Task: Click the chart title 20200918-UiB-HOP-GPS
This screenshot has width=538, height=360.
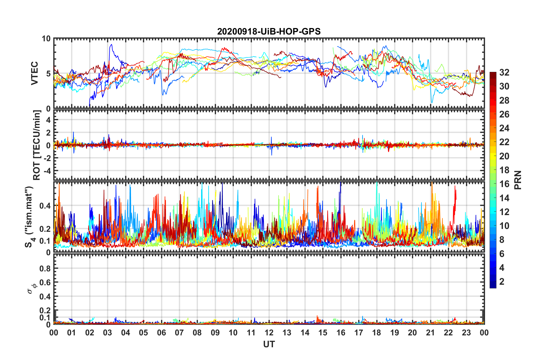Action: click(269, 31)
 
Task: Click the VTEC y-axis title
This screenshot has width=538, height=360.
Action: click(35, 73)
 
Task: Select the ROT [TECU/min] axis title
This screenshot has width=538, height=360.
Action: click(37, 145)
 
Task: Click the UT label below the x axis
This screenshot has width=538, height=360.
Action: click(269, 344)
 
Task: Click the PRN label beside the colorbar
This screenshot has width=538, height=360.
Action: click(518, 180)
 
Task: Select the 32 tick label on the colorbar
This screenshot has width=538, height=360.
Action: click(504, 72)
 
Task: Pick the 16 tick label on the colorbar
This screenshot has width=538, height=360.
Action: click(504, 184)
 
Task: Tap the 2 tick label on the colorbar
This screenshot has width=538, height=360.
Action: click(502, 282)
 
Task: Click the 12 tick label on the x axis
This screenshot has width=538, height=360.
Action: click(269, 333)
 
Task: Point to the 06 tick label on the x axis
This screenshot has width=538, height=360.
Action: click(162, 333)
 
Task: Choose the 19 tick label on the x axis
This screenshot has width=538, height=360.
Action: click(395, 333)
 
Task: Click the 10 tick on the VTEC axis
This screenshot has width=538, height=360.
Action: click(46, 39)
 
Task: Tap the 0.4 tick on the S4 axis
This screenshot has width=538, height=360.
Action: click(46, 206)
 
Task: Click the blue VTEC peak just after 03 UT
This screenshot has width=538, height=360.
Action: click(111, 45)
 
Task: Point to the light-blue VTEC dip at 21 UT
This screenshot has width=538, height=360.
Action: click(432, 102)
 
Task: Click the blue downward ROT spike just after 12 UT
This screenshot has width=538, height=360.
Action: click(272, 155)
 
